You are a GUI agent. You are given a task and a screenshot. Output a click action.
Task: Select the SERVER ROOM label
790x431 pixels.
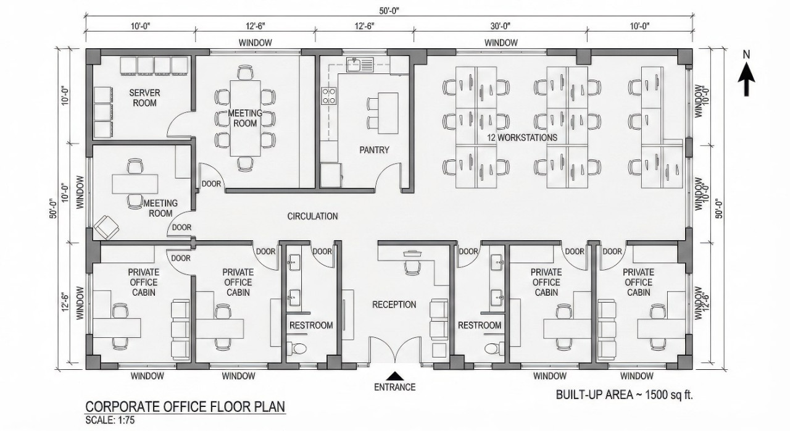point(144,98)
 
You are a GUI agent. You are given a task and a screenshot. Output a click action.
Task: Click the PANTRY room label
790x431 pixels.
point(374,149)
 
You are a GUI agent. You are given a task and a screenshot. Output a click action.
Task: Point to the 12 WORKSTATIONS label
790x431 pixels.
point(523,137)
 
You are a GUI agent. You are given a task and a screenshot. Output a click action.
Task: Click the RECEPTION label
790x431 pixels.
point(394,304)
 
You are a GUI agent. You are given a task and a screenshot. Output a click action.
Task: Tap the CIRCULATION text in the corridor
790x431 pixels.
point(312,216)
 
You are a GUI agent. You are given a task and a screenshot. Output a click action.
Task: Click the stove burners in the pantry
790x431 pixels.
point(328,96)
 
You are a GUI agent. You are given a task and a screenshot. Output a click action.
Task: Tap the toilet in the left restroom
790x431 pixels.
point(299,348)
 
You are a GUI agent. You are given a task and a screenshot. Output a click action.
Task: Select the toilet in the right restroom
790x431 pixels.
point(491,348)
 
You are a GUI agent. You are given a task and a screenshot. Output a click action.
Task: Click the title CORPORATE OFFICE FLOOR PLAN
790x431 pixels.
point(185,408)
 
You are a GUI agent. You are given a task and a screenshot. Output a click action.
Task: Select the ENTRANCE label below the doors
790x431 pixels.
point(394,387)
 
